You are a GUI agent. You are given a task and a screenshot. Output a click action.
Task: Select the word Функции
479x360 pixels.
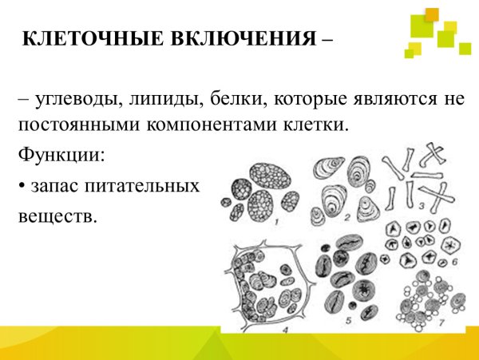[x=61, y=153]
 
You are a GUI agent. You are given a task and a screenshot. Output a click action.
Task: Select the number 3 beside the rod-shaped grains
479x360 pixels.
[x=421, y=205]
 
